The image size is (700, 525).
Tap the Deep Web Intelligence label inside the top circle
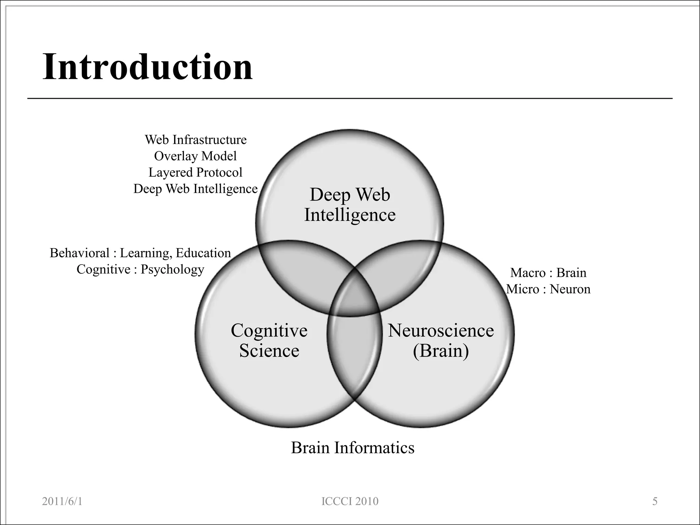tap(350, 205)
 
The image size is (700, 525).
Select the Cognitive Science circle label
tap(269, 340)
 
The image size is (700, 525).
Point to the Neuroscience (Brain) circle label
tap(441, 340)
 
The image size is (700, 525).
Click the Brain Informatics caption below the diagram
tap(352, 448)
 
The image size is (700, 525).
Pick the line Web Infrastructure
tap(196, 140)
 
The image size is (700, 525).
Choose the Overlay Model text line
tap(195, 156)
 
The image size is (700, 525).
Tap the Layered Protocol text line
tap(195, 173)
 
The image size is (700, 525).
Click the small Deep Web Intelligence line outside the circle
tap(195, 189)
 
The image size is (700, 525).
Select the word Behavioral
tap(80, 253)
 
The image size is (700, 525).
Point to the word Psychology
tap(172, 270)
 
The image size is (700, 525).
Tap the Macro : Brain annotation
tap(548, 273)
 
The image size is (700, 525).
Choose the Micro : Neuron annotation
tap(548, 289)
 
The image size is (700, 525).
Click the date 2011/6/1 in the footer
tap(62, 501)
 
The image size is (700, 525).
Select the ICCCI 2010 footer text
tap(350, 501)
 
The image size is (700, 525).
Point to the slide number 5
tap(655, 501)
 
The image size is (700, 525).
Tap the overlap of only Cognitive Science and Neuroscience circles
tap(354, 355)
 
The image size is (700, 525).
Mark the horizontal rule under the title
tap(350, 98)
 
